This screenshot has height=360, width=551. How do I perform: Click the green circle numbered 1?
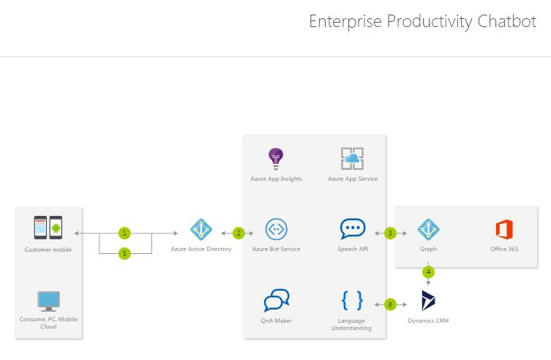pos(124,233)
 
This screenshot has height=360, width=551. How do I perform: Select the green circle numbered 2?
pos(238,233)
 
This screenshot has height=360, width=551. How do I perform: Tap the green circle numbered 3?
pos(390,233)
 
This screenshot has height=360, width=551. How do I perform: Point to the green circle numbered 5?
pos(124,253)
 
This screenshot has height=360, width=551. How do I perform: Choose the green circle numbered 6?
pos(390,303)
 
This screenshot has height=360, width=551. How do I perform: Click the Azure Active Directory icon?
pos(200,229)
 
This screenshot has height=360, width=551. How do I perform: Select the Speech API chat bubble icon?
pos(352,229)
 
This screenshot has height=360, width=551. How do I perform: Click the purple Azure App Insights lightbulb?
pos(275,157)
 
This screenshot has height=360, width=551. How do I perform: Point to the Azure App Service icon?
pos(352,158)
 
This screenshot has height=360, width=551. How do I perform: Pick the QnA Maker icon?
pos(276,300)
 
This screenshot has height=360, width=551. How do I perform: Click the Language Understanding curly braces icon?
pos(352,301)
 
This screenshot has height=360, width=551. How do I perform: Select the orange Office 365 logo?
pos(503,229)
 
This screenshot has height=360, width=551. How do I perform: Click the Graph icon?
pos(428,229)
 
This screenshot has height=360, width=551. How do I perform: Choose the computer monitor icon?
pos(48,301)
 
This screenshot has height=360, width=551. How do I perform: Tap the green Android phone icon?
pos(56,228)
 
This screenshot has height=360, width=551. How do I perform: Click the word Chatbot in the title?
pos(506,22)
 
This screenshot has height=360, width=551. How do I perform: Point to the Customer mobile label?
pos(48,250)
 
